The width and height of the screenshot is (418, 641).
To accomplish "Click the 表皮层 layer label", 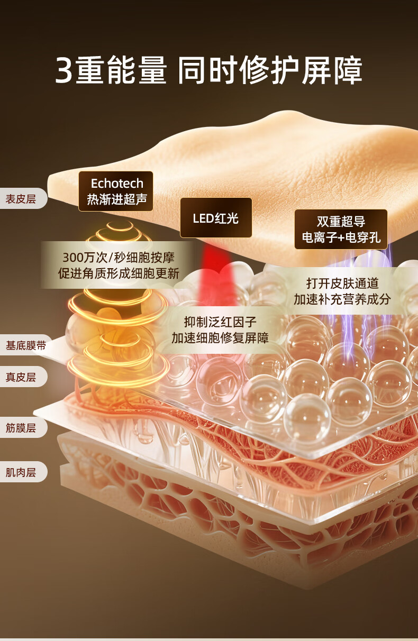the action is point(21,199).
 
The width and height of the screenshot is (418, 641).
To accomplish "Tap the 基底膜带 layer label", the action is point(25,345).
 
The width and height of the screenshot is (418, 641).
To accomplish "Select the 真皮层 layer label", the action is point(21,377).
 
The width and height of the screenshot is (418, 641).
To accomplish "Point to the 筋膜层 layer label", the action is point(21,427).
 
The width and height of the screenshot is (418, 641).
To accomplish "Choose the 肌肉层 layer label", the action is point(21,472).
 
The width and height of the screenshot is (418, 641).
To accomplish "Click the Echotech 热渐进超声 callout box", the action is point(116,191).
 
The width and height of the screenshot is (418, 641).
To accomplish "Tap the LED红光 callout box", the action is point(215,218).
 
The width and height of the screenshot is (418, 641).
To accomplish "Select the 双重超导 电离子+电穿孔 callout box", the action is point(341,229).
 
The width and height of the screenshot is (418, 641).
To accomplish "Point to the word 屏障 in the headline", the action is point(332,71).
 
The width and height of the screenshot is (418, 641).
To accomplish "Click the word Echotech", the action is point(117,184).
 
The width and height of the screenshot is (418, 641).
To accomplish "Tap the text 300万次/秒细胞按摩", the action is point(118,258).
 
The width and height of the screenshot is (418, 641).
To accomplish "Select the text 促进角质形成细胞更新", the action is point(118,273).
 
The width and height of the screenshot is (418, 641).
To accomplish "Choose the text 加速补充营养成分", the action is point(342,299).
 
